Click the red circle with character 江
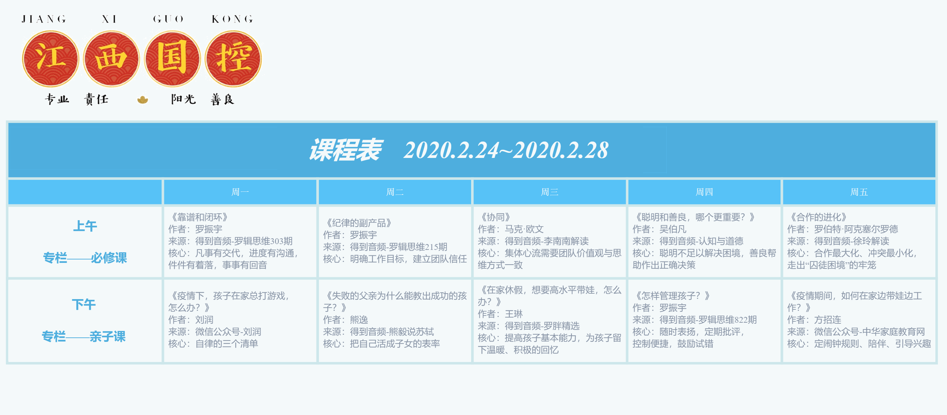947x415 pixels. coord(50,59)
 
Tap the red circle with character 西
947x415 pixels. coord(111,59)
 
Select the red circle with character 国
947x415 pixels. coord(172,59)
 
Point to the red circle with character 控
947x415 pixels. coord(234,59)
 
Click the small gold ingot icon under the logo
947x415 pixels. coord(143,99)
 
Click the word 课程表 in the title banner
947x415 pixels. coord(345,150)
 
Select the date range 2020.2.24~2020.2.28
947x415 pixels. coord(506,150)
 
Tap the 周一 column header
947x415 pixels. coord(240,192)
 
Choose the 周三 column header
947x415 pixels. coord(550,192)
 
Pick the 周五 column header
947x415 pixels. coord(859,192)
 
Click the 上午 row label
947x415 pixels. coord(85,226)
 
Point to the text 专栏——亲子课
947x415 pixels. coord(84,336)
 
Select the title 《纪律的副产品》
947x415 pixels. coord(358,223)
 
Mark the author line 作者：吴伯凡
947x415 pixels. coord(659,229)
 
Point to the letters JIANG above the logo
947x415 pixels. coord(44,19)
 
